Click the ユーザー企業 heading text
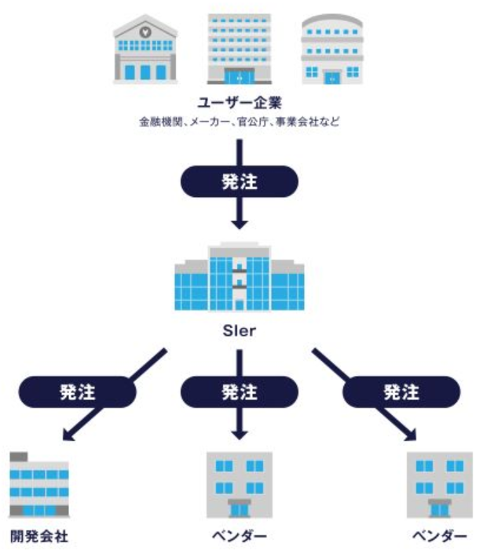pos(240,102)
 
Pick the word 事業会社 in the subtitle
pos(291,122)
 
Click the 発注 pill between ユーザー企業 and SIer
pos(240,181)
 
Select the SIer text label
pos(240,328)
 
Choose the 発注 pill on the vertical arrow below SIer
pos(240,390)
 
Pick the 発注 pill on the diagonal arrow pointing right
pos(401,390)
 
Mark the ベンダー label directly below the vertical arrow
pos(240,537)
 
